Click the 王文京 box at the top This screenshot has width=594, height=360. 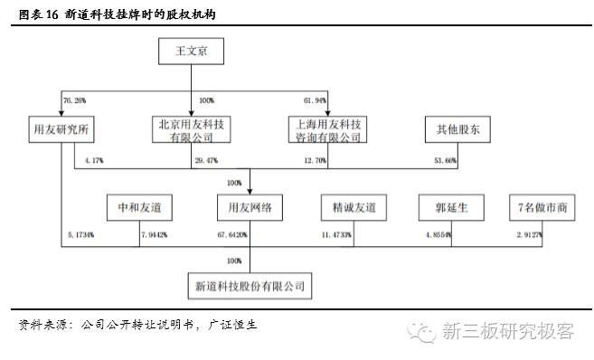pyautogui.click(x=190, y=52)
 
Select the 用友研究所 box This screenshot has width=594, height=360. pyautogui.click(x=60, y=129)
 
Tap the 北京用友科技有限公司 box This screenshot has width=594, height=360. pyautogui.click(x=191, y=129)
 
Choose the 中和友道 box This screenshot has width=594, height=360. pyautogui.click(x=134, y=208)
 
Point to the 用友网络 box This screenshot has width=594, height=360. pyautogui.click(x=250, y=208)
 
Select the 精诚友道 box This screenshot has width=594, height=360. pyautogui.click(x=354, y=208)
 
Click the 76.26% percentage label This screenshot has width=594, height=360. pyautogui.click(x=75, y=99)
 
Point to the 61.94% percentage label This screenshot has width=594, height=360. pyautogui.click(x=315, y=99)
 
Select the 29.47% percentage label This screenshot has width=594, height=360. pyautogui.click(x=207, y=160)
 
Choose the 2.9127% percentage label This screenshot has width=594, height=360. pyautogui.click(x=529, y=234)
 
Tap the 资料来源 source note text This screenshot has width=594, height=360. pyautogui.click(x=136, y=324)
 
